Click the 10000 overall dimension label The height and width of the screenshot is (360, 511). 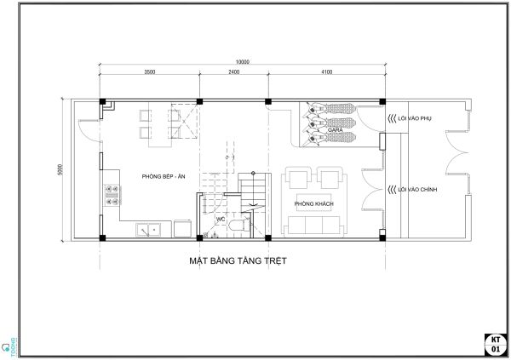coord(242,61)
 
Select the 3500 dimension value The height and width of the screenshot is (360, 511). coord(149,72)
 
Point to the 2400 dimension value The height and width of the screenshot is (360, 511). coord(233,72)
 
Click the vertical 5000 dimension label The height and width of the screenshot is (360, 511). coord(60,169)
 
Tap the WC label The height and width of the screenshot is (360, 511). coord(220,219)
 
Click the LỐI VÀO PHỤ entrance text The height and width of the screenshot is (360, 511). coord(416,119)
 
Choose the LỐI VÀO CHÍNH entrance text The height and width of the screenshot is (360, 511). coord(417,189)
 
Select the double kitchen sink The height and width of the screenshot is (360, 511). coord(151,229)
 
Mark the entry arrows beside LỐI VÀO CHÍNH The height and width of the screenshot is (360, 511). coord(391,189)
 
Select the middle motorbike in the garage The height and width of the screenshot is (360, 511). coord(320,123)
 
